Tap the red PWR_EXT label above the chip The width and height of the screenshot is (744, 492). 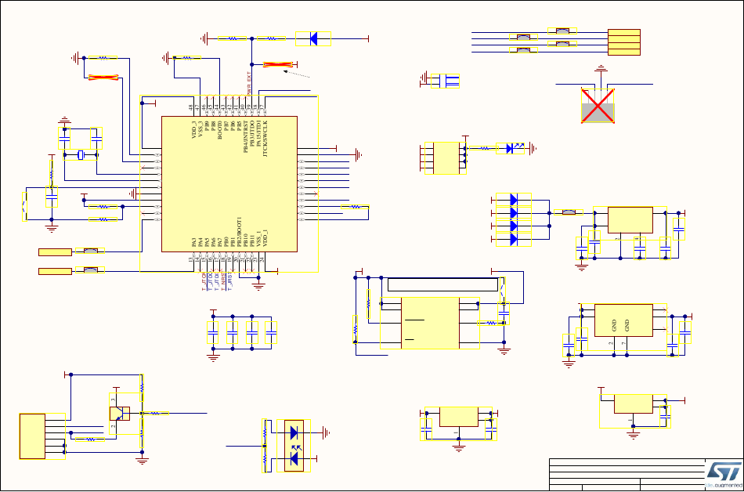click(x=250, y=84)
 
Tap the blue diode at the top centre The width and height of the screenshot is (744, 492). click(x=313, y=38)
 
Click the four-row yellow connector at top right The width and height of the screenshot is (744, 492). click(x=624, y=42)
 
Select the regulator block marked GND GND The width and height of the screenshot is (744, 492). click(x=625, y=320)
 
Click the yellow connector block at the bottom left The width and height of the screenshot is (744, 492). click(x=33, y=436)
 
